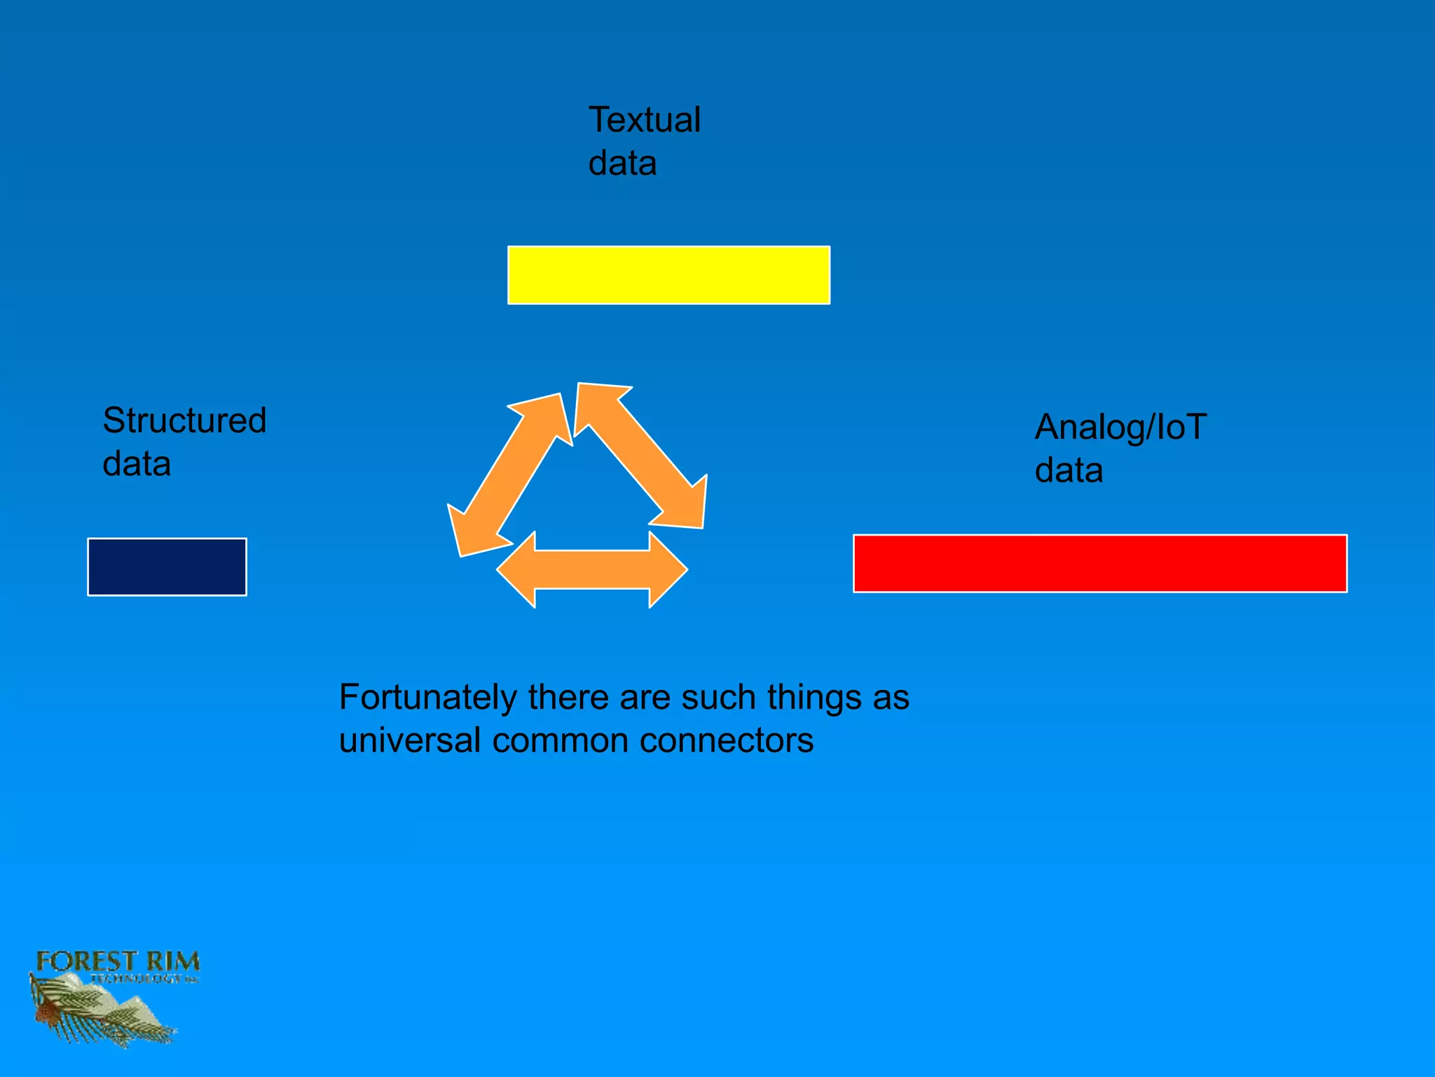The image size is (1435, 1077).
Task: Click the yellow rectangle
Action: (668, 275)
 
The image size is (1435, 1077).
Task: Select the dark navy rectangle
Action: (167, 567)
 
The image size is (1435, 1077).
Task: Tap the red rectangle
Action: (1099, 563)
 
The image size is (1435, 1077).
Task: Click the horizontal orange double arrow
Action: (592, 569)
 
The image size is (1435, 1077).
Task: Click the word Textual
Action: (644, 120)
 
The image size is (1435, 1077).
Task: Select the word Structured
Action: (184, 421)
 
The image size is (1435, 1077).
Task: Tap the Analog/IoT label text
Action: (1120, 427)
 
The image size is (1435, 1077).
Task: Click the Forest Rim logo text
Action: (118, 962)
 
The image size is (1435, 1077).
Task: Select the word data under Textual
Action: (622, 163)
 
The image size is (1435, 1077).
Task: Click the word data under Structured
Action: (137, 464)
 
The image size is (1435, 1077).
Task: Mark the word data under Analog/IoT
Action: (1069, 470)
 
